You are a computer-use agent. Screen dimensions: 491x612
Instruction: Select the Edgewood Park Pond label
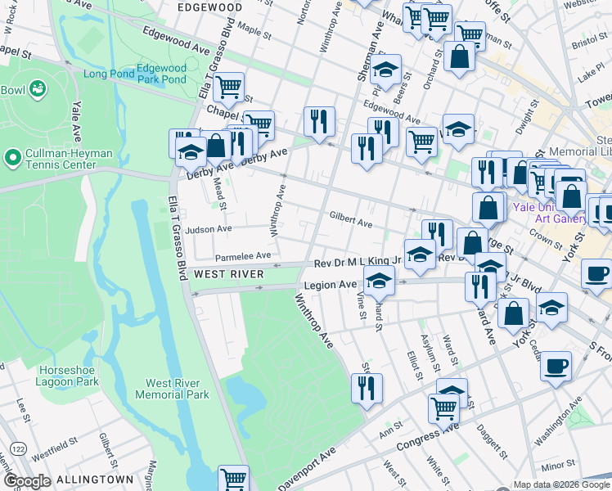pos(162,74)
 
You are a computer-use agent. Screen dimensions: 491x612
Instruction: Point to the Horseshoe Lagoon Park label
pos(69,376)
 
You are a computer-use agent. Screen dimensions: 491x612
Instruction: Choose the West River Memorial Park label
pos(177,389)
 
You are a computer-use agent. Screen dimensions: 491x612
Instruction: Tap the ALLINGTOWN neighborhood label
pos(94,479)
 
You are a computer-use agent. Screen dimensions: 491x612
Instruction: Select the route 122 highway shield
pos(17,448)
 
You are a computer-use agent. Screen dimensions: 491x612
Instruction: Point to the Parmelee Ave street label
pos(242,255)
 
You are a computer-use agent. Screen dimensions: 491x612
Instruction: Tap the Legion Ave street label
pos(331,285)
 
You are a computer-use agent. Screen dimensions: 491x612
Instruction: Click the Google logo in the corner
pos(27,481)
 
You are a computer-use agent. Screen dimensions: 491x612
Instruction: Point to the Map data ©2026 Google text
pos(560,484)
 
